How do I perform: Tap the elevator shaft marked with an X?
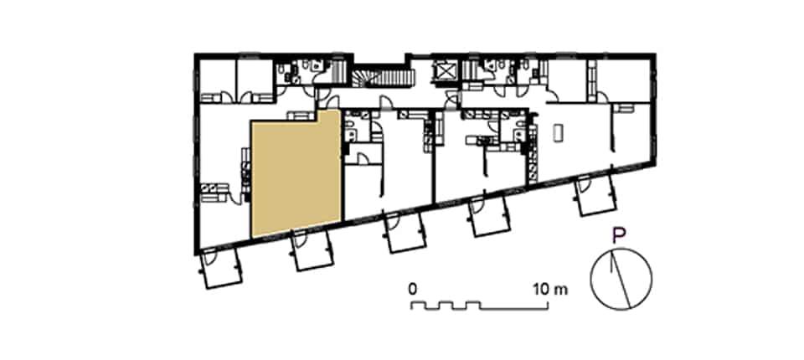(x=444, y=72)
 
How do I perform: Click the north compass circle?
(x=621, y=279)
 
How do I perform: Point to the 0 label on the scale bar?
(x=412, y=289)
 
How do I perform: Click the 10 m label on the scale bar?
(x=551, y=289)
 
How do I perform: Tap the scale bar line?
(x=479, y=306)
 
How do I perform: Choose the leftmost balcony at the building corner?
(x=221, y=267)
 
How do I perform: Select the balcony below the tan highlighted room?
(x=312, y=249)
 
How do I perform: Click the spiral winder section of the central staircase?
(x=362, y=79)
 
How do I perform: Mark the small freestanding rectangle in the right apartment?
(x=558, y=132)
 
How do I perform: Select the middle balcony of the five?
(x=405, y=232)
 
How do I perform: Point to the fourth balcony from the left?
(x=490, y=216)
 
